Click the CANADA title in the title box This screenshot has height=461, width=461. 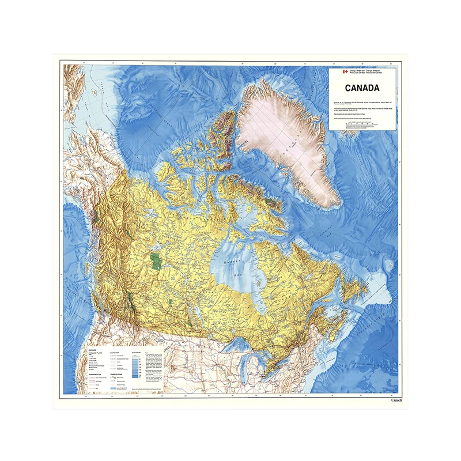click(x=362, y=88)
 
